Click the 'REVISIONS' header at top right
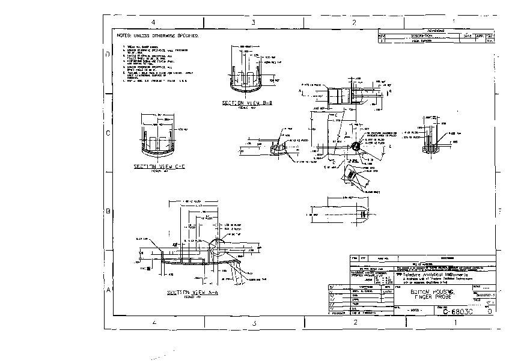pyautogui.click(x=436, y=30)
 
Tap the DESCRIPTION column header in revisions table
pyautogui.click(x=421, y=35)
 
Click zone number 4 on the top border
pyautogui.click(x=154, y=22)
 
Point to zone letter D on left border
pyautogui.click(x=108, y=55)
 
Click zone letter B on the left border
pyautogui.click(x=108, y=212)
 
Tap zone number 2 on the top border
pyautogui.click(x=355, y=22)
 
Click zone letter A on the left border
pyautogui.click(x=108, y=290)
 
